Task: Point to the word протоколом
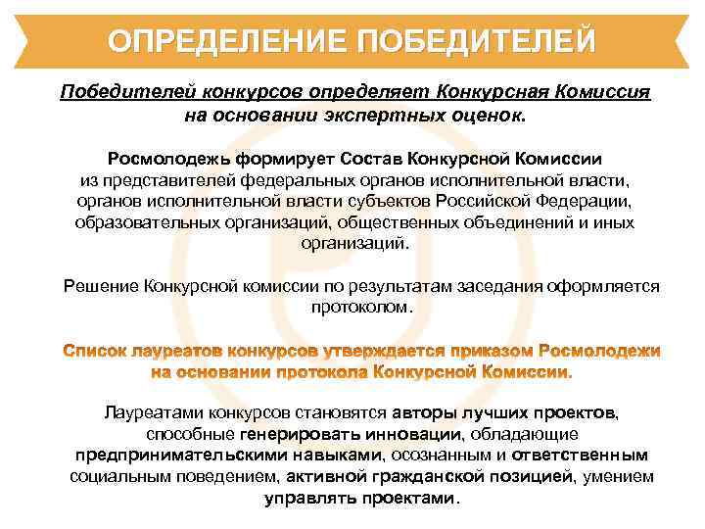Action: click(359, 308)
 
